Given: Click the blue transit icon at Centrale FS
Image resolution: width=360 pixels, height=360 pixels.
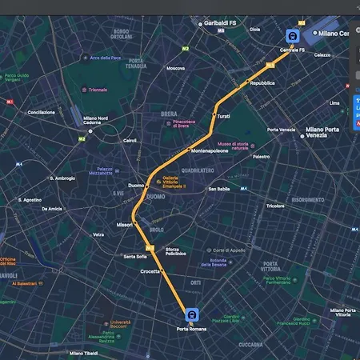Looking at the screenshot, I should click(x=293, y=36).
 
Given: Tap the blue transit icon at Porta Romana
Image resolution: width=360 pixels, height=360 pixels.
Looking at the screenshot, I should click(x=191, y=314).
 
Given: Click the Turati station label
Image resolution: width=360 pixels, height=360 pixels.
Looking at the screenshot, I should click(x=224, y=116).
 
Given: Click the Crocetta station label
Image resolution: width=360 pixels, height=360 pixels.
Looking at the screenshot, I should click(x=150, y=272).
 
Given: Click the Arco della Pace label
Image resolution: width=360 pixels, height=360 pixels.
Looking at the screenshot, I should click(x=105, y=58).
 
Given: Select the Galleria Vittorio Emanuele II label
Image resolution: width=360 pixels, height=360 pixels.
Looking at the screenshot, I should click(x=174, y=182).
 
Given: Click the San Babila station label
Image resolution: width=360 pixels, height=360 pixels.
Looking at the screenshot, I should click(x=218, y=189).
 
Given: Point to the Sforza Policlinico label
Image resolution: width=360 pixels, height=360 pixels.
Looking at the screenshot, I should click(x=176, y=251).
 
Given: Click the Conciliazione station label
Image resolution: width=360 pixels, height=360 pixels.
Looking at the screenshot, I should click(x=42, y=112).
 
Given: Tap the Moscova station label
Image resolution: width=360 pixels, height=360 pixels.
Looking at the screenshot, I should click(x=175, y=68).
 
